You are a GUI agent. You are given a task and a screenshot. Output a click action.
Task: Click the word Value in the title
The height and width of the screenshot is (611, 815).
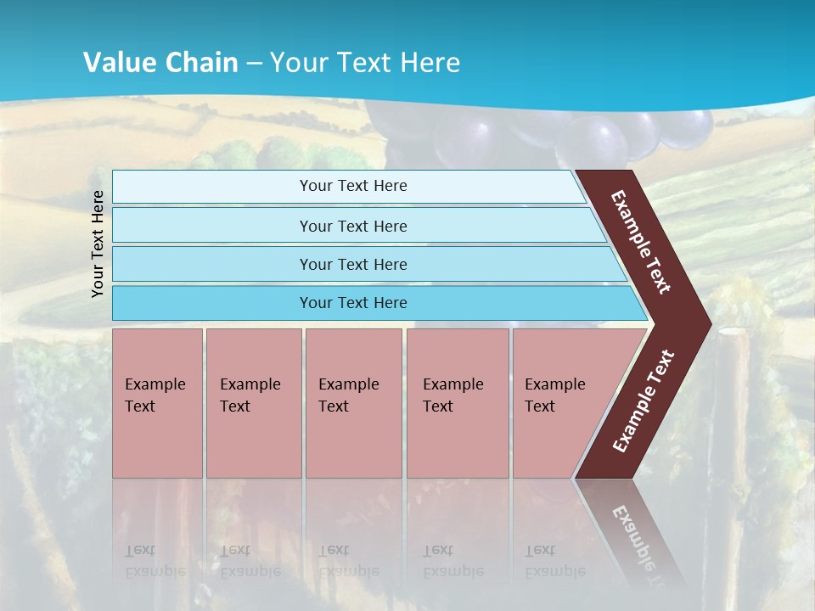pos(118,63)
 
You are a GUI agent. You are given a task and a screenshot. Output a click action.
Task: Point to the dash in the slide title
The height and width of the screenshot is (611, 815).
pos(254,64)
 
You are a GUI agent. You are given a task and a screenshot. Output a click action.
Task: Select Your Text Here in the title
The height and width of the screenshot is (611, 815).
pos(365,63)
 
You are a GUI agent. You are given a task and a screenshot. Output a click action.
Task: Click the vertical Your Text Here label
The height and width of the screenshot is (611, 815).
pos(98,244)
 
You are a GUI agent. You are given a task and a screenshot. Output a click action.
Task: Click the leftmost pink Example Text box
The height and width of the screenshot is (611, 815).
pos(157,403)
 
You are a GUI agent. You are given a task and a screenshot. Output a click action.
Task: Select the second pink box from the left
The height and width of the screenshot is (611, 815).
pos(253,403)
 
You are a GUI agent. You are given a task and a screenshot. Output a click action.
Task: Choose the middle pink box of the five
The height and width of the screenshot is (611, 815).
pos(353,403)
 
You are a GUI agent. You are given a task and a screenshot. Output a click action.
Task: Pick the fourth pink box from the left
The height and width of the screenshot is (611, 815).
pos(457,403)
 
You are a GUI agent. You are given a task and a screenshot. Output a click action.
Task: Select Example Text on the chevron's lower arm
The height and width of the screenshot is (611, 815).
pos(644,401)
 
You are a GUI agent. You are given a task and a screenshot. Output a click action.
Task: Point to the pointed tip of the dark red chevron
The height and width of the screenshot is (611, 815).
pos(709,323)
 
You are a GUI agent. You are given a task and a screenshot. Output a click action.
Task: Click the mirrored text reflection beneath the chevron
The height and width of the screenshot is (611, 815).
pos(643,539)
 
